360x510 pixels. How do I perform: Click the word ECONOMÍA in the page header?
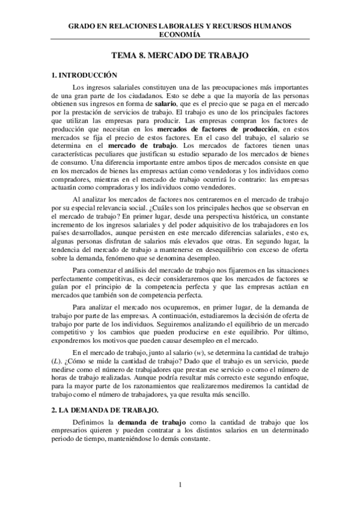click(180, 35)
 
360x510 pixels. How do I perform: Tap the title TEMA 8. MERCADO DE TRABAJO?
click(180, 55)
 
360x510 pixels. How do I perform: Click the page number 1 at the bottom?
click(180, 484)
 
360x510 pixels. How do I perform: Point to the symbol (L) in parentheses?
click(57, 360)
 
